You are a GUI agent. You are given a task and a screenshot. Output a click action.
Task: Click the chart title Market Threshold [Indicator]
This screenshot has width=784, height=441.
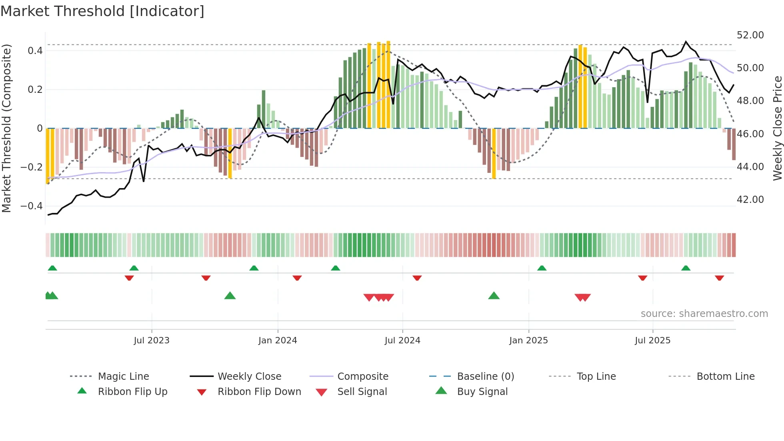click(102, 11)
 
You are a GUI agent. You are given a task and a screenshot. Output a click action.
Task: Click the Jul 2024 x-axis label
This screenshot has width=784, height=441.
click(402, 340)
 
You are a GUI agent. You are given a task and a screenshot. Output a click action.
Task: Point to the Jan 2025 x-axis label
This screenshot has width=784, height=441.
click(528, 340)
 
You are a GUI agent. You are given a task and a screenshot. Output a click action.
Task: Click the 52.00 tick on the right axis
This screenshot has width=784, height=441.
click(750, 35)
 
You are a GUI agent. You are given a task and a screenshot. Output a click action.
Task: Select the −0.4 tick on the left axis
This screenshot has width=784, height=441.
click(32, 206)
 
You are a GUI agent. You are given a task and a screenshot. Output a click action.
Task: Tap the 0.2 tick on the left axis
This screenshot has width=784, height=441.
click(35, 89)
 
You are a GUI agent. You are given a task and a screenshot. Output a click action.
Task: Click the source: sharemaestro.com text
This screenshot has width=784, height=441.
click(704, 313)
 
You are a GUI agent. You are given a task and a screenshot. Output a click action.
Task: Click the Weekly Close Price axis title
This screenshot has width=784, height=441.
click(777, 128)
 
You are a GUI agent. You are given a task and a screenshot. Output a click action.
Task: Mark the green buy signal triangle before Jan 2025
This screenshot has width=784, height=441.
click(494, 296)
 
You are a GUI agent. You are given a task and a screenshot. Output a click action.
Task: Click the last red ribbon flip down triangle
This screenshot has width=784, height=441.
click(719, 278)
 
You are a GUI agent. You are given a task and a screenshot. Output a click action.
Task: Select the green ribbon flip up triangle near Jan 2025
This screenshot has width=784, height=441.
click(542, 268)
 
